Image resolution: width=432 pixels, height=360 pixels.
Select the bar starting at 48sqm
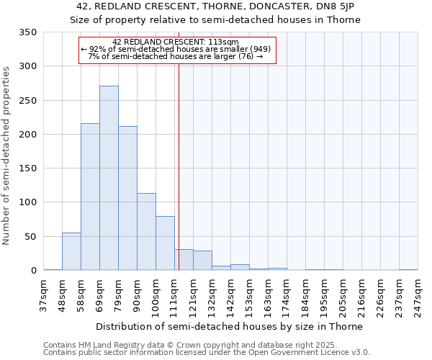[71, 251]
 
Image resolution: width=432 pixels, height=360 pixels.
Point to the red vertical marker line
[179, 158]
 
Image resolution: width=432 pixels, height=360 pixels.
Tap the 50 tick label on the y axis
[30, 237]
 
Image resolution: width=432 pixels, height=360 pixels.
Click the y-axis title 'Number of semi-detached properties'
[6, 155]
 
